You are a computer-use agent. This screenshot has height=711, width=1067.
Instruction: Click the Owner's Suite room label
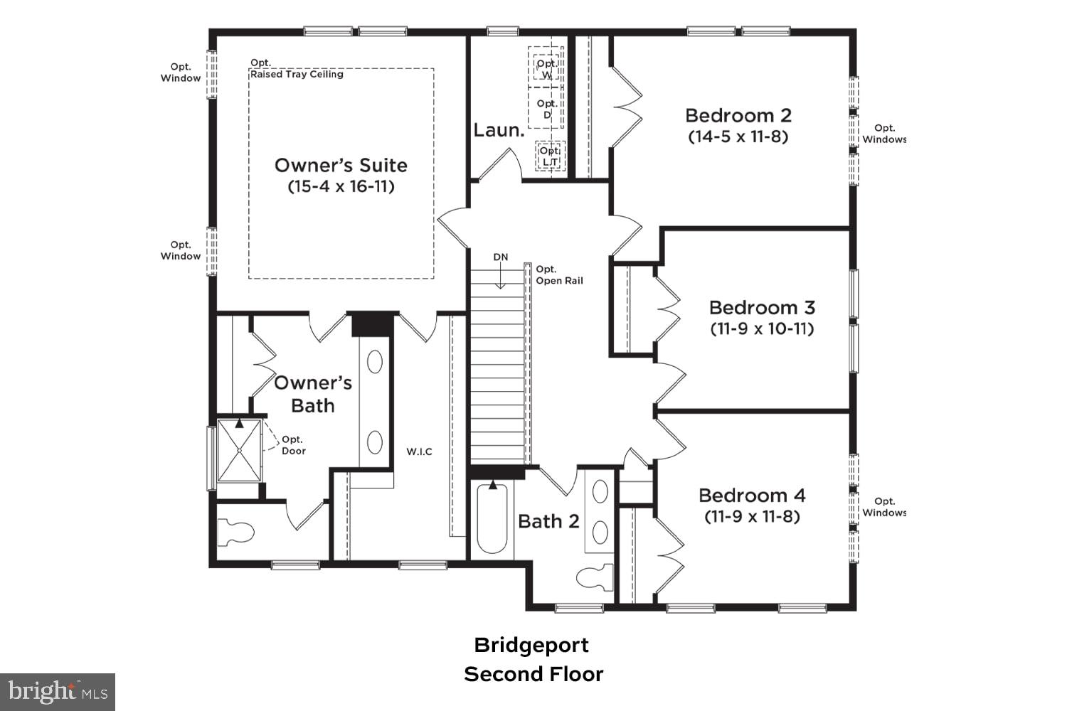click(341, 165)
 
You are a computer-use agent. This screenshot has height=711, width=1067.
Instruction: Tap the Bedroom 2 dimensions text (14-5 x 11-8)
click(738, 137)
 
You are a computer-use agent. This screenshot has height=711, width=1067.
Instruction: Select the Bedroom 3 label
click(762, 307)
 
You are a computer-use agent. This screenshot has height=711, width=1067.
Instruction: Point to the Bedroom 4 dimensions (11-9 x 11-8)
click(752, 516)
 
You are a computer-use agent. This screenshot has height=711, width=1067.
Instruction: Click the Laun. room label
click(499, 130)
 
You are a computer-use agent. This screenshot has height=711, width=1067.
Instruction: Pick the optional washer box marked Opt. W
click(546, 68)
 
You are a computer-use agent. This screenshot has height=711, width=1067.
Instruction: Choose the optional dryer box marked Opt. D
click(546, 109)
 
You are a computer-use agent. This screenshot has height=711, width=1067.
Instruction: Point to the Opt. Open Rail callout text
click(559, 274)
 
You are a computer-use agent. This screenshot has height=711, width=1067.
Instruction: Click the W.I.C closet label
click(419, 451)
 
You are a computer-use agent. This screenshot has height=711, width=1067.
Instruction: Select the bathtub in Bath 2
click(492, 519)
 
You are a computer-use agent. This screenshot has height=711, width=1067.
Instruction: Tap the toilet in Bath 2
click(594, 576)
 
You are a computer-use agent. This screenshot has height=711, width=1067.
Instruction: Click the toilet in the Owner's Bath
click(236, 533)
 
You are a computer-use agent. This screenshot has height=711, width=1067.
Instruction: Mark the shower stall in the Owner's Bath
click(239, 451)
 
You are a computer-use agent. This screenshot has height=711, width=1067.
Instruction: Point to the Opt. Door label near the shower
click(293, 445)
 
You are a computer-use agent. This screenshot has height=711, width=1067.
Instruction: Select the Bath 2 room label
click(548, 521)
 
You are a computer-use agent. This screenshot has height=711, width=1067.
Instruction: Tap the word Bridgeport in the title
click(531, 645)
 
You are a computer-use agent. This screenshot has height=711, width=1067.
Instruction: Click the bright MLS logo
click(58, 691)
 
